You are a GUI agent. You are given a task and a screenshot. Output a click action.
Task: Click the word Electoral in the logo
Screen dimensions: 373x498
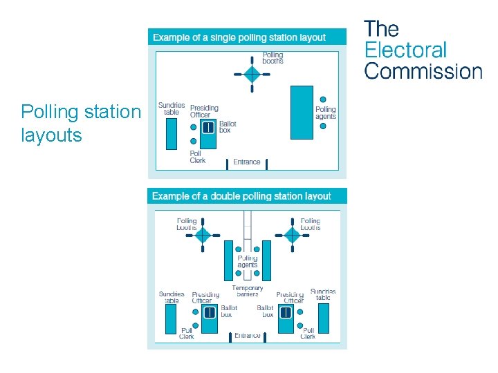click(405, 50)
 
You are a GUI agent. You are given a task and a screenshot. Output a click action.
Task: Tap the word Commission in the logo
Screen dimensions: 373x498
click(423, 71)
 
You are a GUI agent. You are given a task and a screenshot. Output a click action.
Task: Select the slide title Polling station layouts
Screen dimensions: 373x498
click(80, 123)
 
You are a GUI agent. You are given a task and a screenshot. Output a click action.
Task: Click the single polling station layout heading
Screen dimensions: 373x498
click(239, 37)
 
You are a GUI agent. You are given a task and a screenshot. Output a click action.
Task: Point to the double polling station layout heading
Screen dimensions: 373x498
click(241, 196)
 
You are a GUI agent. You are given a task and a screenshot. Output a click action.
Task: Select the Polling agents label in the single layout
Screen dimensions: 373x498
click(326, 113)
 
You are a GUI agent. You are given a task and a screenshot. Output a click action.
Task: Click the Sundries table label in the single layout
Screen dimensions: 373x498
click(171, 108)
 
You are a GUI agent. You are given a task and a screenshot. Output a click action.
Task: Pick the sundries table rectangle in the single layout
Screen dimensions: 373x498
click(172, 133)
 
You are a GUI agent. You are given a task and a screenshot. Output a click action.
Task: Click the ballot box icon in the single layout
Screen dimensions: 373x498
click(208, 128)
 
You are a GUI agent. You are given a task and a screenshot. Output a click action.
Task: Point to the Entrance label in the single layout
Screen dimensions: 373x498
click(247, 162)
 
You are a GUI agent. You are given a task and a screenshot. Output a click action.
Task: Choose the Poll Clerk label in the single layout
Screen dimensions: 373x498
click(197, 157)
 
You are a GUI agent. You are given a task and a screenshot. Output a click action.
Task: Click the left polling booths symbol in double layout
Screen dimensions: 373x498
click(202, 236)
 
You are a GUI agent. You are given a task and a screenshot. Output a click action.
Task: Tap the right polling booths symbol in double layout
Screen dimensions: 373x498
click(293, 236)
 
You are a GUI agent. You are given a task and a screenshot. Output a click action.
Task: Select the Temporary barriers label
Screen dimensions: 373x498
click(247, 291)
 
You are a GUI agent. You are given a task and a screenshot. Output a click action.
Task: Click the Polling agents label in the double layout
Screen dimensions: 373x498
click(247, 261)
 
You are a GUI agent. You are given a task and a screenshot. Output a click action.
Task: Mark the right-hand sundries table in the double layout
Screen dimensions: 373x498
click(323, 318)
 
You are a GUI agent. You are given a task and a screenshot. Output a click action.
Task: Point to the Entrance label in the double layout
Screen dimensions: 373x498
click(247, 336)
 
